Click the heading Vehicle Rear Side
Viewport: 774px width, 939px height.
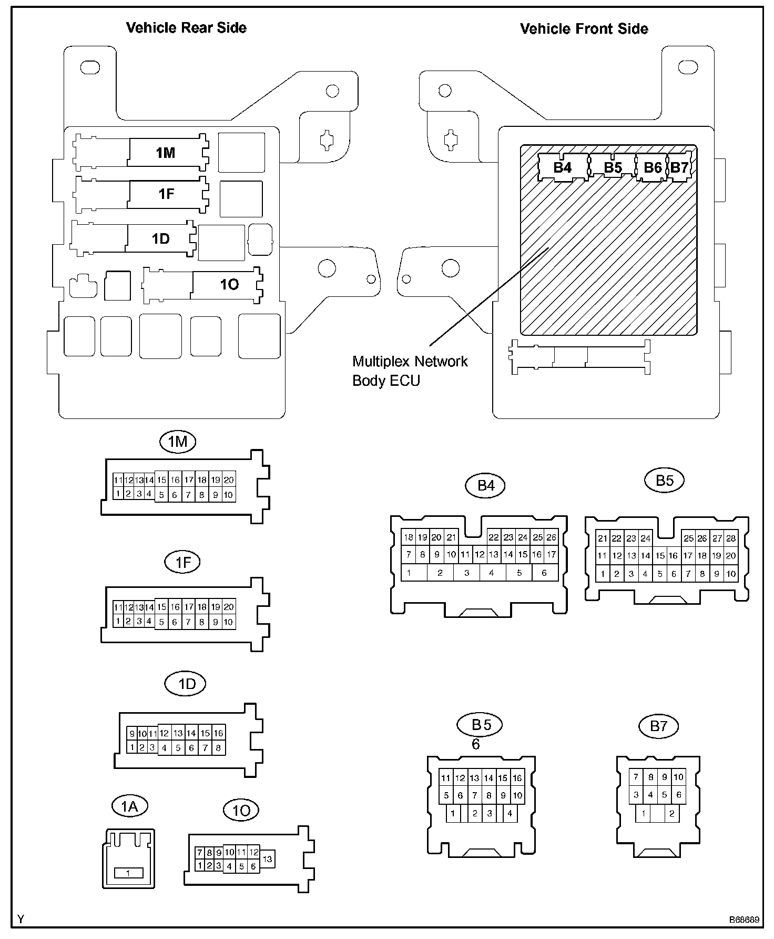point(186,28)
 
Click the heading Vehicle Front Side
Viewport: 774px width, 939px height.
point(584,28)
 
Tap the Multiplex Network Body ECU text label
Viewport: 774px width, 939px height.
point(410,371)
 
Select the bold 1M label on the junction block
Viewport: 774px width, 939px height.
point(166,153)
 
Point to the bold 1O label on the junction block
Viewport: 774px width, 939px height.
point(229,284)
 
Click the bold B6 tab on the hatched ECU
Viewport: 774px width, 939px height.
point(653,167)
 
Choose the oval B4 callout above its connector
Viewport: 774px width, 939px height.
point(485,485)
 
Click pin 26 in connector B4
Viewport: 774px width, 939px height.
point(551,537)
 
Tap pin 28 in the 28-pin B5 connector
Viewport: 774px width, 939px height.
point(731,538)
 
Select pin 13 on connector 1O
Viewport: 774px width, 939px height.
point(268,859)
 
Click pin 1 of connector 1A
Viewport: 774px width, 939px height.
point(128,873)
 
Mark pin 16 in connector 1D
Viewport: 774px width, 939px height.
point(219,733)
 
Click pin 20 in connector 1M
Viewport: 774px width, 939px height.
point(228,480)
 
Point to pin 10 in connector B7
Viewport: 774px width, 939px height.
point(678,777)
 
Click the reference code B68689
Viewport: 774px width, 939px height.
point(744,920)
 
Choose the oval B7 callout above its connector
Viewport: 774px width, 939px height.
point(658,726)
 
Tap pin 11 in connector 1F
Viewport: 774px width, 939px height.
point(118,607)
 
